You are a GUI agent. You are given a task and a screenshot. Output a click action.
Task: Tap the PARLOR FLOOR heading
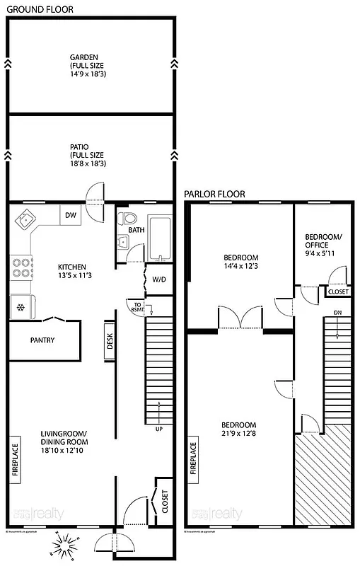(214, 193)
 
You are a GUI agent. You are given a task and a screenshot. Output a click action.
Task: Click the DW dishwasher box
(70, 215)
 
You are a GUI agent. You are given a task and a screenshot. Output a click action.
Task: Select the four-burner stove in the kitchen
(21, 267)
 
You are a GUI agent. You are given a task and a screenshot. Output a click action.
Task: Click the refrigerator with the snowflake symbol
(21, 306)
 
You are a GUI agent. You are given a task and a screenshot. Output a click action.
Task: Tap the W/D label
(159, 279)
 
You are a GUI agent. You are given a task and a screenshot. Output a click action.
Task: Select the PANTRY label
(42, 340)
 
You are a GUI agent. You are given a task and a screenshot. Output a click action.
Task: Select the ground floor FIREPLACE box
(15, 462)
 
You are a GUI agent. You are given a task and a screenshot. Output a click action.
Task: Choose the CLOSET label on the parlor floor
(337, 291)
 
